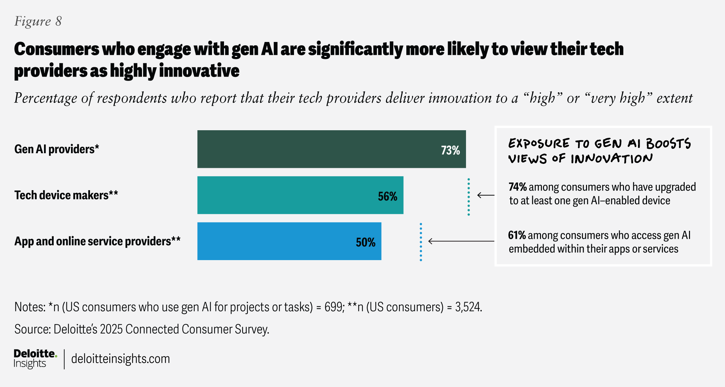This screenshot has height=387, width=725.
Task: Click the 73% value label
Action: (x=450, y=150)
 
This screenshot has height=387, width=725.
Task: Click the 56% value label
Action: (x=387, y=196)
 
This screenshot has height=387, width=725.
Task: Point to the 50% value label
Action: (x=365, y=242)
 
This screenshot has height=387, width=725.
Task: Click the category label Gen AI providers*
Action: (x=57, y=149)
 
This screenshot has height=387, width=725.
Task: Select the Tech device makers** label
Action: (x=66, y=195)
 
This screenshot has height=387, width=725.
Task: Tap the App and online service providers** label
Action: (x=97, y=241)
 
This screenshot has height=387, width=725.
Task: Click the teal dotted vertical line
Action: (x=469, y=197)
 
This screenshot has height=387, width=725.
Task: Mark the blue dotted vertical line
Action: (x=421, y=242)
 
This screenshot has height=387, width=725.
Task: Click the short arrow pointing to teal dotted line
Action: (x=486, y=195)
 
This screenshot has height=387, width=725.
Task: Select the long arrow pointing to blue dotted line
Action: (x=461, y=241)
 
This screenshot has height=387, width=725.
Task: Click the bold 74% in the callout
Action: (x=517, y=187)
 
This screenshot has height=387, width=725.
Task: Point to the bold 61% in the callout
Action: (x=517, y=235)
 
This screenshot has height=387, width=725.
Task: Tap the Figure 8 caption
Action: (x=38, y=21)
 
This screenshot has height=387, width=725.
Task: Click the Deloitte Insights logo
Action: (x=35, y=358)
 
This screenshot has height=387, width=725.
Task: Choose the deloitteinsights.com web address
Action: (x=120, y=359)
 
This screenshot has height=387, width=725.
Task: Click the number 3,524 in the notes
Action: (x=468, y=307)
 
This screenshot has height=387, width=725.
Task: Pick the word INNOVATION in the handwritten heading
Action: (x=612, y=159)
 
